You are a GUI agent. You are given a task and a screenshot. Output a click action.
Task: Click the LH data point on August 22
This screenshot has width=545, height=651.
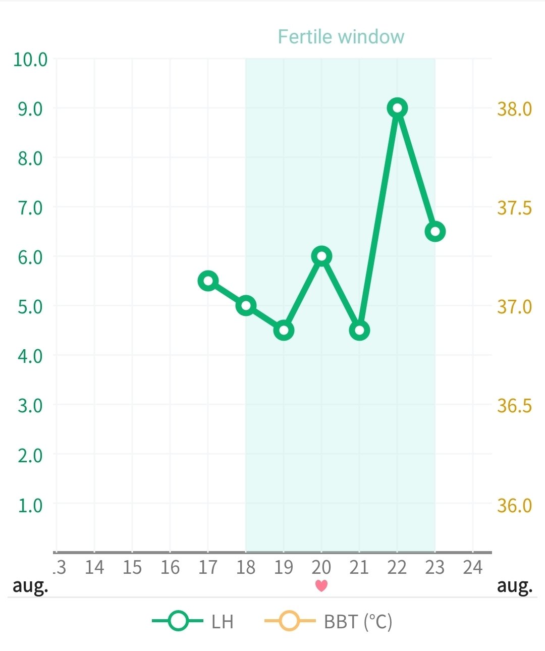click(397, 108)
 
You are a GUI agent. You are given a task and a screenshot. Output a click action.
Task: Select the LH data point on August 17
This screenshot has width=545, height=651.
click(208, 281)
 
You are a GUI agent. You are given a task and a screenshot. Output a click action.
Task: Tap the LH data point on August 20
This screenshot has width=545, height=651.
click(321, 256)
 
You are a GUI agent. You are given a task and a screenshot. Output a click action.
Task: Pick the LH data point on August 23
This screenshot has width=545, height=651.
click(435, 232)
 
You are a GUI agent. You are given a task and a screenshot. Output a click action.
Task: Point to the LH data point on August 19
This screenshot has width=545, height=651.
click(284, 331)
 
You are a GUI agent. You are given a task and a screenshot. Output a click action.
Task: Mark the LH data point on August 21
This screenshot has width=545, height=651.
click(359, 331)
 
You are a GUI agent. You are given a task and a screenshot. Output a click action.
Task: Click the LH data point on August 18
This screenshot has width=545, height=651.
click(246, 306)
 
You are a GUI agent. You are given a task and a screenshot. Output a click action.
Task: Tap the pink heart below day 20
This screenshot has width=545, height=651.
click(321, 586)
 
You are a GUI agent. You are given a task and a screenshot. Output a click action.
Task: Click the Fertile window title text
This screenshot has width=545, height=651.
click(341, 37)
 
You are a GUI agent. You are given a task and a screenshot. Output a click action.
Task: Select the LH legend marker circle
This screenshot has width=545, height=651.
click(178, 621)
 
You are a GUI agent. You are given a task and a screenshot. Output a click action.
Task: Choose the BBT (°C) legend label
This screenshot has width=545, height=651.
click(358, 622)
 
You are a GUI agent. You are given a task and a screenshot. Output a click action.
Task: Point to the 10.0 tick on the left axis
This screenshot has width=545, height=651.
click(30, 60)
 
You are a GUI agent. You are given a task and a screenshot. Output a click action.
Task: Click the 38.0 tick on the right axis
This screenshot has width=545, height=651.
click(514, 109)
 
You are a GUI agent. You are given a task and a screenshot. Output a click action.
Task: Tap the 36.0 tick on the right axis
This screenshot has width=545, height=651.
click(514, 505)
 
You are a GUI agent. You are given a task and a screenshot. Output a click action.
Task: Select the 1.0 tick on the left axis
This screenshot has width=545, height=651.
click(30, 505)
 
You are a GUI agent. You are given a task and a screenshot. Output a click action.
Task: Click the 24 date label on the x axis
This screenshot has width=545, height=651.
click(473, 568)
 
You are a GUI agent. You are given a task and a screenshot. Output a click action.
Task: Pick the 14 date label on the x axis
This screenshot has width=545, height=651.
click(94, 568)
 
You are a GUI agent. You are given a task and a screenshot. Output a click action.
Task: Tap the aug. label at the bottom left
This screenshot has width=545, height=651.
click(30, 586)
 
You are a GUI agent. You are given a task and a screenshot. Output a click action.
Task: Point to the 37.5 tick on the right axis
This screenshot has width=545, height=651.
click(514, 208)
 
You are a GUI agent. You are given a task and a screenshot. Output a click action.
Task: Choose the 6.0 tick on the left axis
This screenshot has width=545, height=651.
click(30, 257)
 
